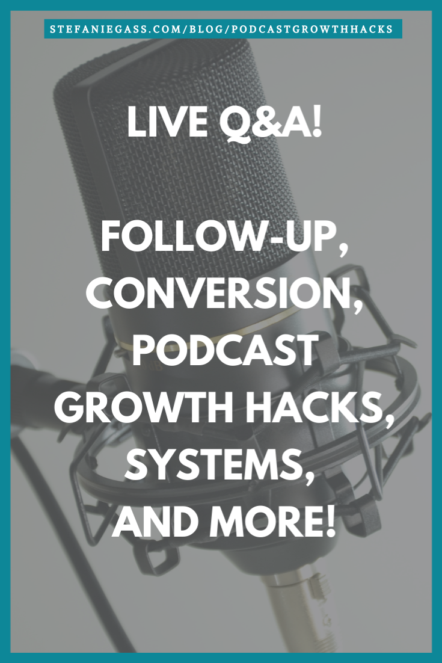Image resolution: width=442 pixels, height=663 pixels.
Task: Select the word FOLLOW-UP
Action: coord(219,238)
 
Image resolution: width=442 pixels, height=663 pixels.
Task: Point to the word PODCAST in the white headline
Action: coord(225,351)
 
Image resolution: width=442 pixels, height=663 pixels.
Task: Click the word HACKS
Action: coord(311,407)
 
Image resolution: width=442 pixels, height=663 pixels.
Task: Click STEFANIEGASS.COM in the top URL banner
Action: coord(116,29)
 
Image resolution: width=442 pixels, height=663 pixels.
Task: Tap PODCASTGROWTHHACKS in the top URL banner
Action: coord(313,29)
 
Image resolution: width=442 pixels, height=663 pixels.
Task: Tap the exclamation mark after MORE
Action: coord(330,521)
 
